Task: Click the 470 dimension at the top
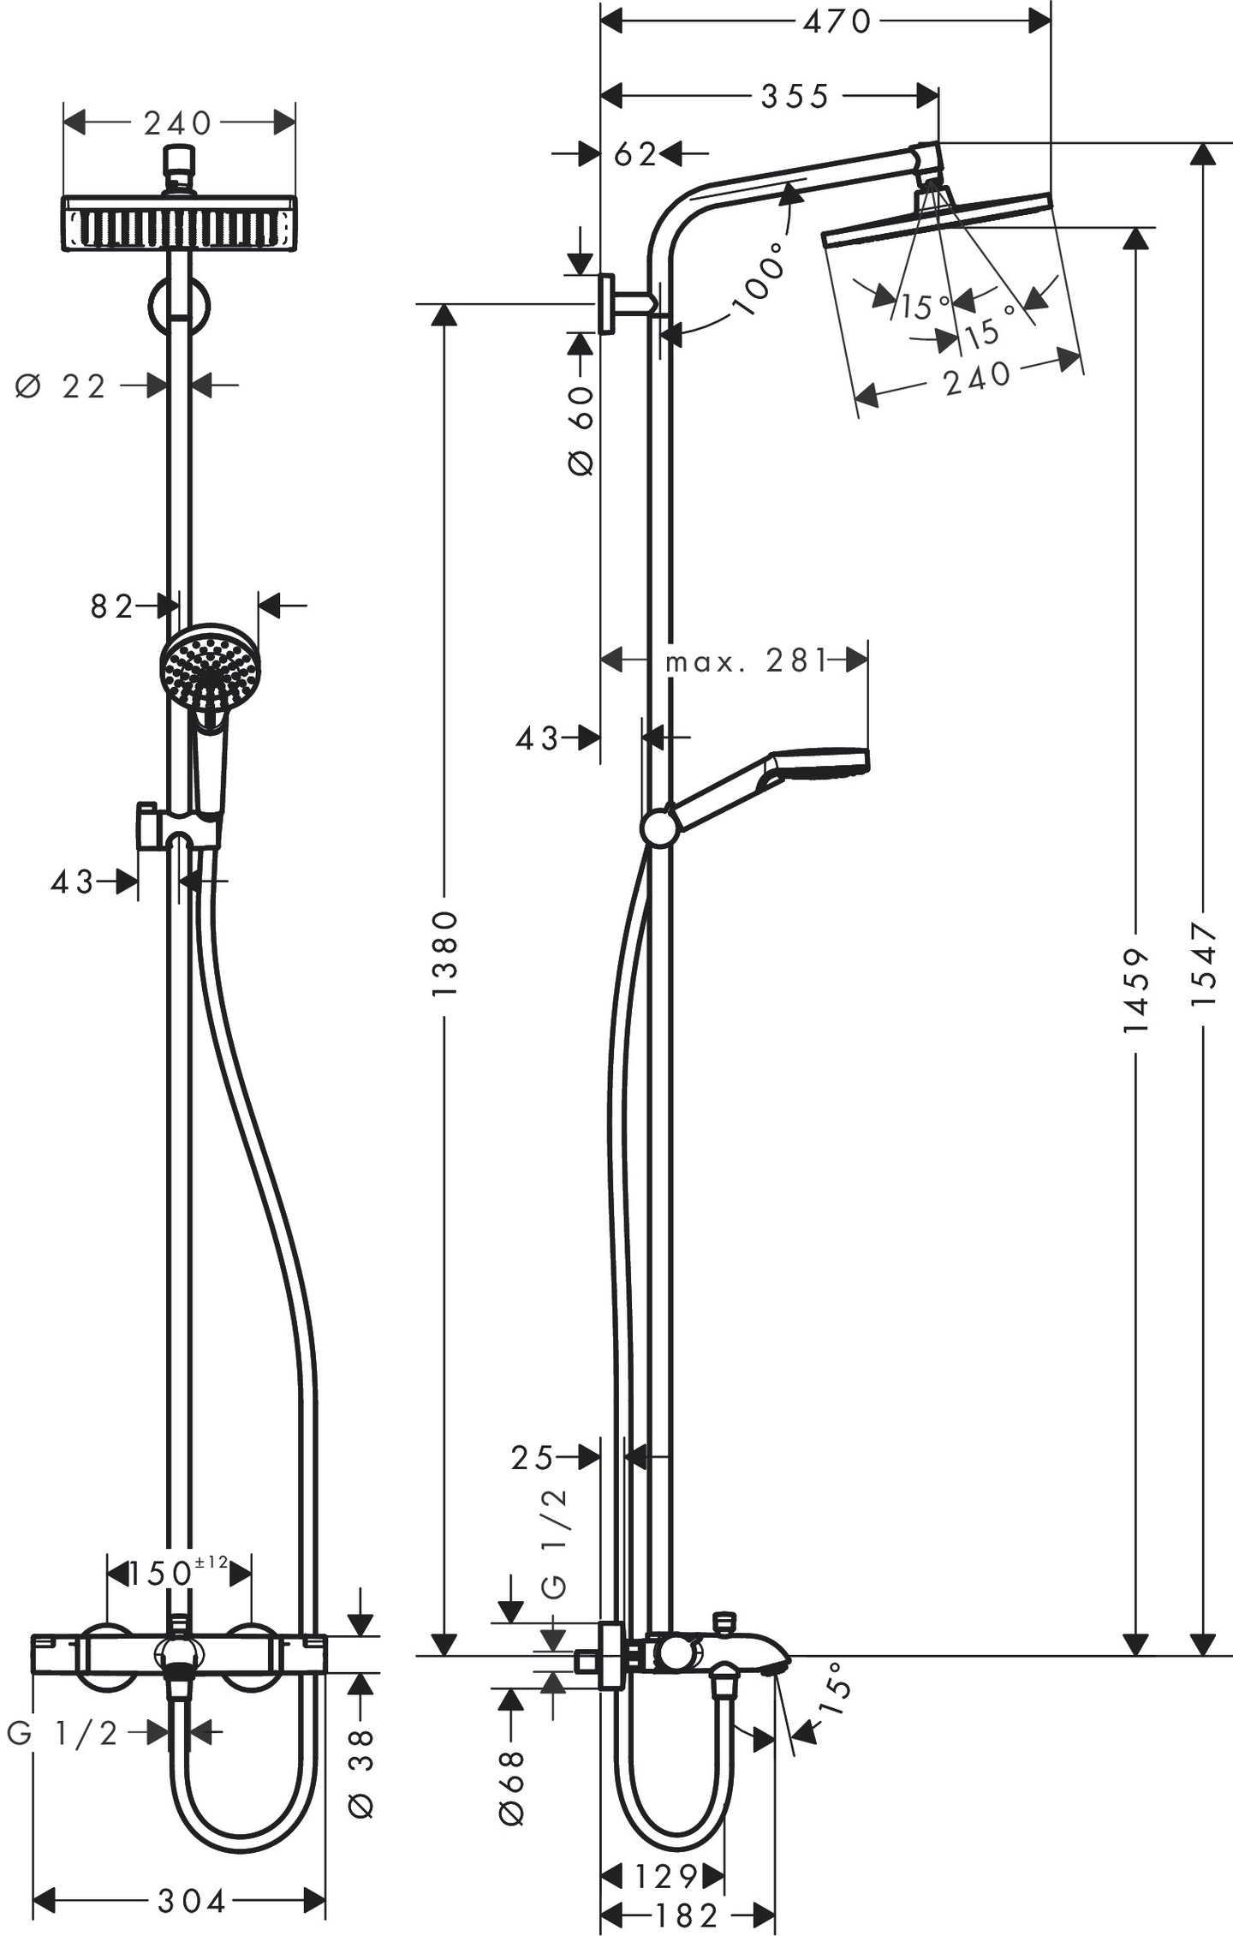coord(837,21)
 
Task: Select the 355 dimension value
coord(795,96)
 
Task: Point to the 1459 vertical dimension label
coord(1135,989)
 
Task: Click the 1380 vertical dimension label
coord(445,953)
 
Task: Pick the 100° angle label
coord(759,278)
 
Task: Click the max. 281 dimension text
coord(747,660)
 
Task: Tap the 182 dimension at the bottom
coord(686,1915)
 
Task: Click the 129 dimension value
coord(666,1876)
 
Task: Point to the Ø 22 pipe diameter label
coord(61,387)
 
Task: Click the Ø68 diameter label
coord(511,1786)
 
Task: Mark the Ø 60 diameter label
coord(581,430)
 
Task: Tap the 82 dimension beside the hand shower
coord(112,606)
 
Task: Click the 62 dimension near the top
coord(635,154)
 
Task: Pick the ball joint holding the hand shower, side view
coord(658,827)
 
